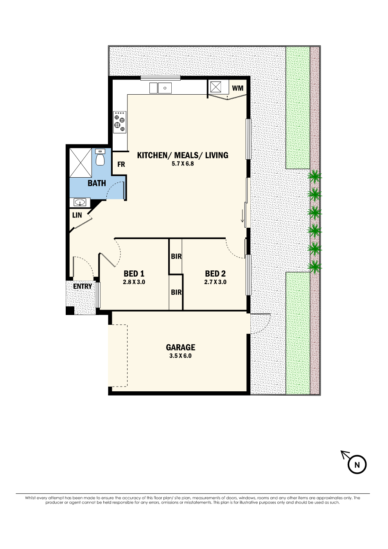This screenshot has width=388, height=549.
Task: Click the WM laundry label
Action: coord(237,88)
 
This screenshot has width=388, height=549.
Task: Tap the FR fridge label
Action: coord(121,164)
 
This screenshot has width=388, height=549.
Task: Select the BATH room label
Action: coord(97,183)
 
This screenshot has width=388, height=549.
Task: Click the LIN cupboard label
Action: coord(77,215)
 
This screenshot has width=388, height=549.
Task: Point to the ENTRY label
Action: coord(83,286)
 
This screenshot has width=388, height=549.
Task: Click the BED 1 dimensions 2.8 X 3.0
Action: coord(134,282)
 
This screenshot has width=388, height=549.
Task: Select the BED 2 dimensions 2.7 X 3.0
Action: coord(215,282)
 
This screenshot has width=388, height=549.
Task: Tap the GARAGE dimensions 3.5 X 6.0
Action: coord(180,356)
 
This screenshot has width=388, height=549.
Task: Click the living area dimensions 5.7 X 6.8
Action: coord(183,164)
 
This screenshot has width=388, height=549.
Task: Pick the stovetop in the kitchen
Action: coord(120,122)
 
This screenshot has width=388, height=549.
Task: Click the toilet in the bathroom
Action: coord(100,157)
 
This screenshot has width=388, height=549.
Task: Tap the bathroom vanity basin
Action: coord(80,202)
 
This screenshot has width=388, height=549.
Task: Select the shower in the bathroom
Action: coord(81,162)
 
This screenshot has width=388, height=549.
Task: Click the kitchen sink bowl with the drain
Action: coord(165,88)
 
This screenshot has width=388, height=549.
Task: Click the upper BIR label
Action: coord(176,256)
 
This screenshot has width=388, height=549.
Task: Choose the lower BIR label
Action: coord(176,292)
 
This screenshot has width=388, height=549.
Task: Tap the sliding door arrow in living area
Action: coord(243,216)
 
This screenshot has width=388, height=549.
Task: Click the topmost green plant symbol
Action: coord(314,176)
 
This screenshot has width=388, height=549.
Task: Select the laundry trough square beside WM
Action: coord(216,86)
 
